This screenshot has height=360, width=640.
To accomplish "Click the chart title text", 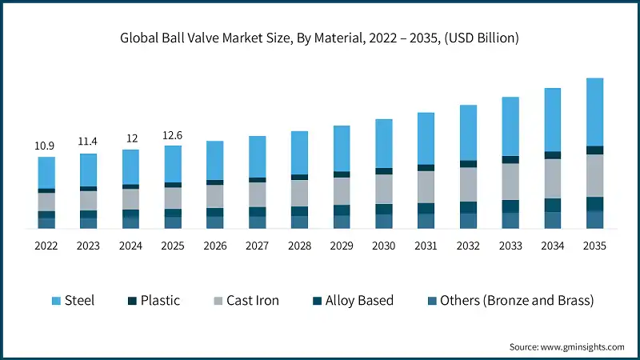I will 320,38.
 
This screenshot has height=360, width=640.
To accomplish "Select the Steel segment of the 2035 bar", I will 594,112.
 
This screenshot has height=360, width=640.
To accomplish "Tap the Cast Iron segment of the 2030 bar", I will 384,189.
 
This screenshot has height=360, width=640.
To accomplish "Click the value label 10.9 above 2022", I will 46,146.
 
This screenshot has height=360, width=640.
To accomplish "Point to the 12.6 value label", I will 174,135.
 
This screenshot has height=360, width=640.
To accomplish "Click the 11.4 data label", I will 89,142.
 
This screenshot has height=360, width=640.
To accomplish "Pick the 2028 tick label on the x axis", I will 299,246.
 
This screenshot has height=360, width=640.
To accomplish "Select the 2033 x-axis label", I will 510,246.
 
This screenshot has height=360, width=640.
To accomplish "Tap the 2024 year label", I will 131,246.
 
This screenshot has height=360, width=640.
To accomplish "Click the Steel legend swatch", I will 56,301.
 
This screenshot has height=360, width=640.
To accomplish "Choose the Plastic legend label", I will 160,301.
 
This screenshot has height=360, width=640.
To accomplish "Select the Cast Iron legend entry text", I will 253,301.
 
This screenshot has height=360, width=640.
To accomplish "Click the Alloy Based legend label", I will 360,301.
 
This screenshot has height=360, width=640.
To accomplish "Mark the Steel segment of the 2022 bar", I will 46,172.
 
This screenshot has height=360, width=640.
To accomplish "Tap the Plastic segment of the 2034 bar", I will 553,155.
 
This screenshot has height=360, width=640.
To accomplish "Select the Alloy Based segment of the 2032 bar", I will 468,207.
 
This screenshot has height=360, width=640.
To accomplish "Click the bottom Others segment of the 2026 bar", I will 215,222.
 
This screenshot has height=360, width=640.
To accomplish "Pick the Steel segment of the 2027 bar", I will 258,157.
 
